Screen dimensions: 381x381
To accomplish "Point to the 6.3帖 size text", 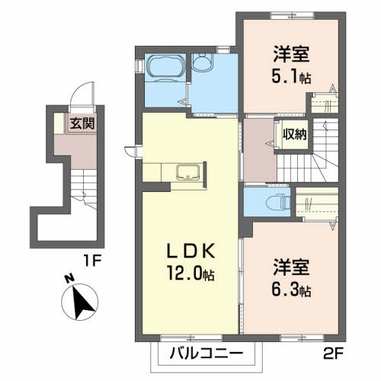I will pyautogui.click(x=293, y=290).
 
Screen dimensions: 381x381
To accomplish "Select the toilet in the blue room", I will pyautogui.click(x=279, y=202).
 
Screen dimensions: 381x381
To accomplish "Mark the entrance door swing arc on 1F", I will pyautogui.click(x=78, y=97).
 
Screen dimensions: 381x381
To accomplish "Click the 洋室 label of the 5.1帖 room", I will pyautogui.click(x=290, y=55).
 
